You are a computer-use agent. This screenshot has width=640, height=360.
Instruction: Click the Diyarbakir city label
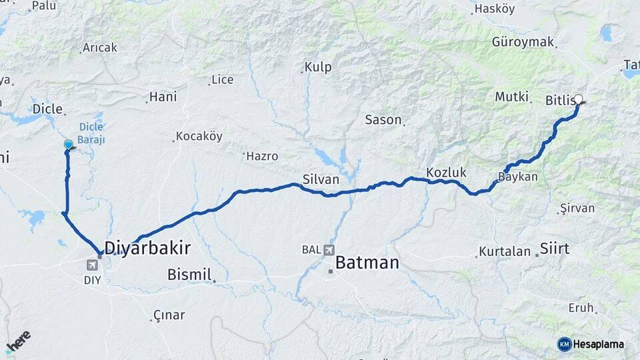tap(147, 249)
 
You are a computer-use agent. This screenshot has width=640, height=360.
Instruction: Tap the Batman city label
tap(367, 263)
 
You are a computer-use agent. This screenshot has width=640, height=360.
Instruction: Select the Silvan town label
tap(321, 179)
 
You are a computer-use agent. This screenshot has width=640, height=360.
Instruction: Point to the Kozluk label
tap(445, 171)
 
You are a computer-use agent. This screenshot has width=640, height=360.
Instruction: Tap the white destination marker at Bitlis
tap(578, 99)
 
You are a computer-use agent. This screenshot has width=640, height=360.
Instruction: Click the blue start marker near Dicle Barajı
tap(68, 145)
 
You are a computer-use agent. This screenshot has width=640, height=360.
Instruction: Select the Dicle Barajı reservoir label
tap(91, 133)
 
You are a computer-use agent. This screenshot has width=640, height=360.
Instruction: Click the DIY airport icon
tap(92, 265)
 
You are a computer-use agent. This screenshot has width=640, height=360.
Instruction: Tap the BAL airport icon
tap(328, 250)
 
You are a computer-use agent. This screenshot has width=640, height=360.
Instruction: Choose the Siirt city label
tap(555, 249)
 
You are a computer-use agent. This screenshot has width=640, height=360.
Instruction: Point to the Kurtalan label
tap(505, 253)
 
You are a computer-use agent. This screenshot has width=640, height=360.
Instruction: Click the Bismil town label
tap(189, 274)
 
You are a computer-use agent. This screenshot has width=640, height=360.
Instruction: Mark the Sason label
tap(383, 120)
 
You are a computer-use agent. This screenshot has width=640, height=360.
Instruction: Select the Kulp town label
tap(318, 67)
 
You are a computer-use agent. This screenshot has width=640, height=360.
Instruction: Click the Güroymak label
tap(523, 42)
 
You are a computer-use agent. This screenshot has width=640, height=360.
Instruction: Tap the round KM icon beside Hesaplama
tap(564, 344)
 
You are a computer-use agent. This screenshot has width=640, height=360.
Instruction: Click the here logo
tap(18, 341)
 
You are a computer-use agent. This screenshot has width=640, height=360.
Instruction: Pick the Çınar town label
tap(169, 315)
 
